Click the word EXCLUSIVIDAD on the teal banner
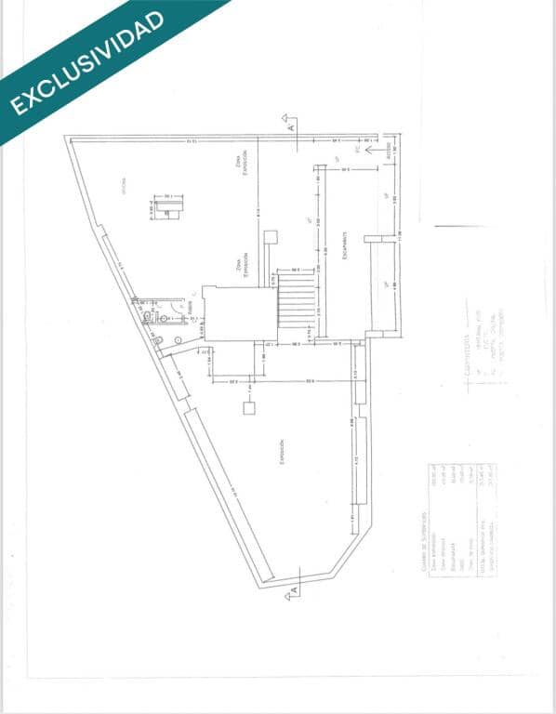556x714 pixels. coord(87,62)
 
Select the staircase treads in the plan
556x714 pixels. coord(298,299)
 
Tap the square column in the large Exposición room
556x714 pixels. coord(248,408)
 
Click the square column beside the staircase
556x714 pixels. coord(271,236)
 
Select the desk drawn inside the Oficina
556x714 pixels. coord(168,208)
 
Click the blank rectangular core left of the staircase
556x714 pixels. coord(240,314)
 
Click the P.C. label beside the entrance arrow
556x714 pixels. coord(358,148)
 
